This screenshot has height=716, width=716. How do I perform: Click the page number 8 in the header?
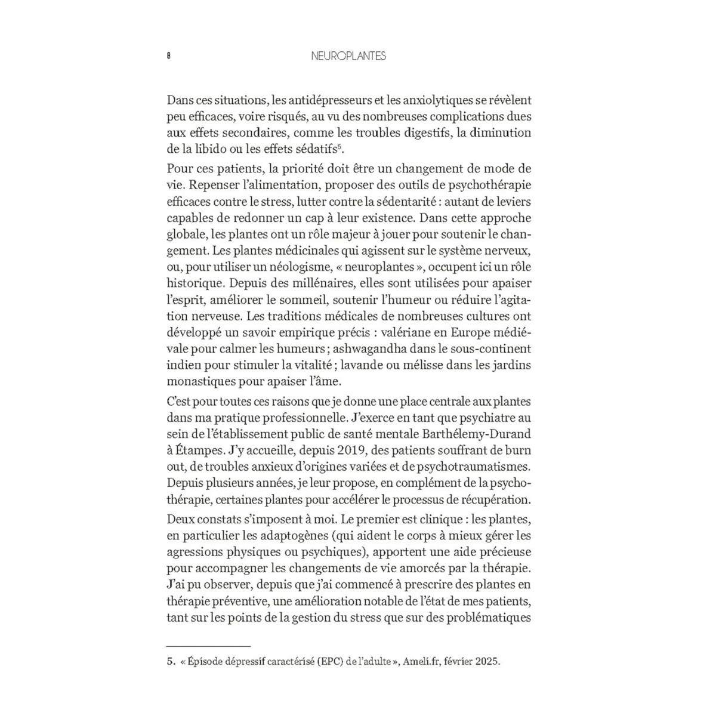tap(169, 56)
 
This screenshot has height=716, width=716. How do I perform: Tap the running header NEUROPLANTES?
tap(349, 56)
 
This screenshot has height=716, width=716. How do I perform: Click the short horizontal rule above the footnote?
tap(208, 646)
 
